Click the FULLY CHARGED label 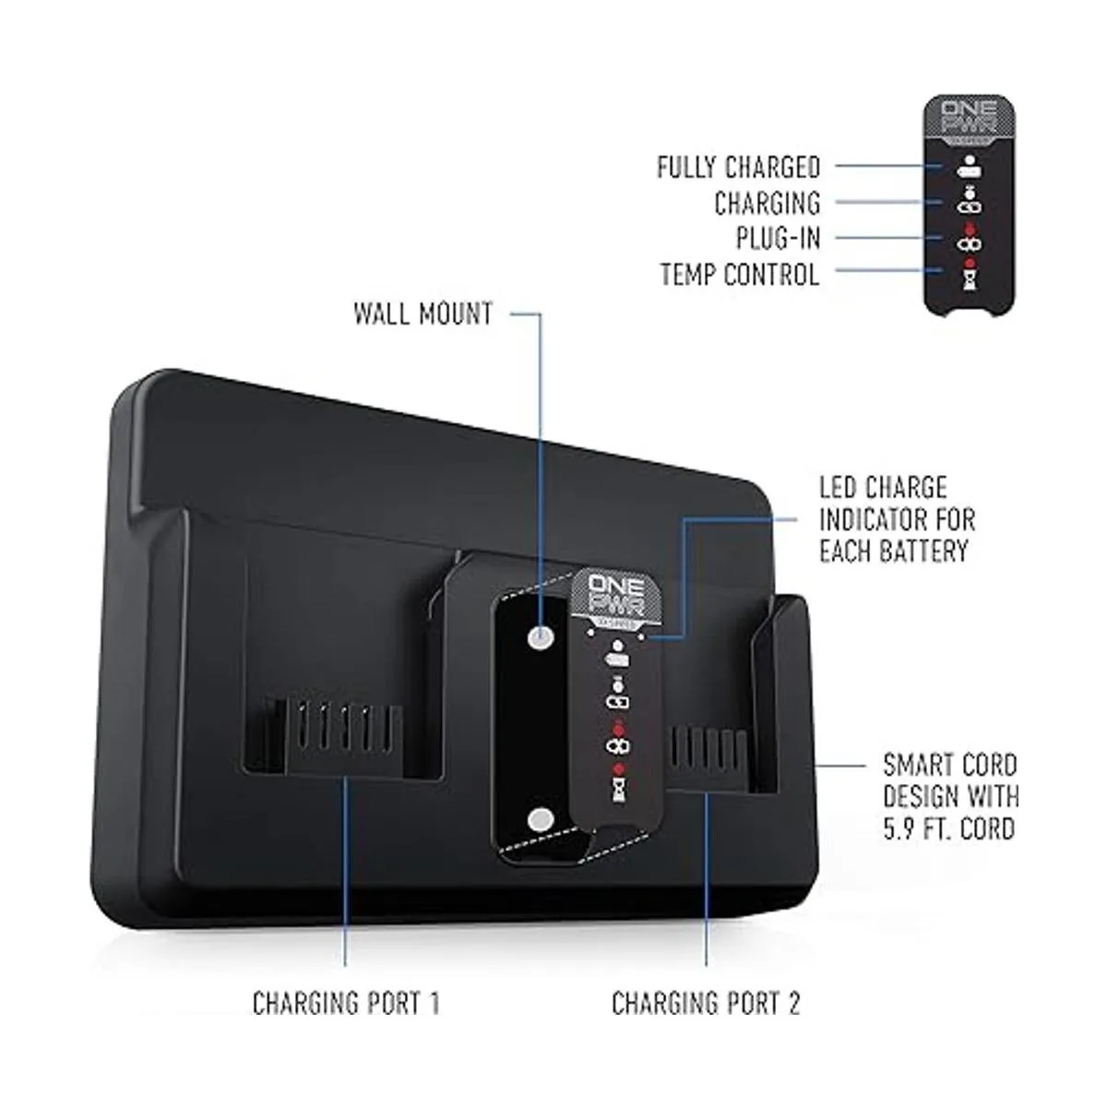(738, 167)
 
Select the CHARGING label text (767, 203)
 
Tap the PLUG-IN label (778, 238)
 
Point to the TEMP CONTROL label (740, 274)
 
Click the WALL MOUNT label (423, 314)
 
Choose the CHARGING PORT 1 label (346, 1003)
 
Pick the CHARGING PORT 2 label (707, 1003)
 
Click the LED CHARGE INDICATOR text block (897, 519)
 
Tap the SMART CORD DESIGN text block (950, 796)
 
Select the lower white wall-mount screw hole (541, 820)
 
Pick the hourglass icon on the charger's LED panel (615, 787)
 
